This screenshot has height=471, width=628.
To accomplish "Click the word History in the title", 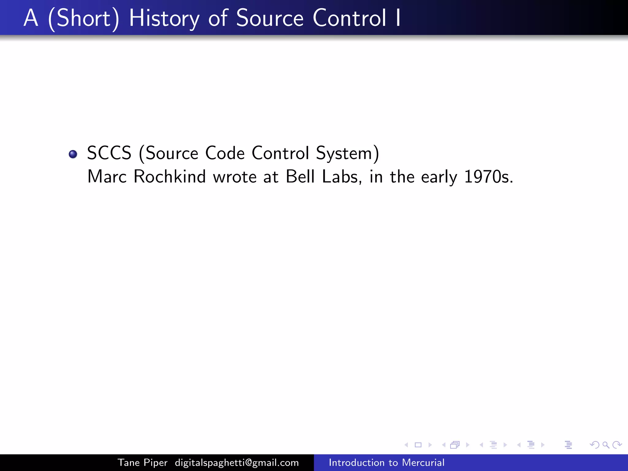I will coord(164,18).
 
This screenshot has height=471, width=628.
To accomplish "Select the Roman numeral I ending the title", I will coord(398,18).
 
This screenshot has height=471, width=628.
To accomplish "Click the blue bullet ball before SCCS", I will coord(73,154).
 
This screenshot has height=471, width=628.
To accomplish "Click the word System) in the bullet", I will coord(347,153).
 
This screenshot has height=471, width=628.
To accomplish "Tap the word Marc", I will coord(107,177).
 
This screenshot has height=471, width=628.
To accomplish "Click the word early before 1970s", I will coord(439,177).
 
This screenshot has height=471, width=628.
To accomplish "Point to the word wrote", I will coord(235,177).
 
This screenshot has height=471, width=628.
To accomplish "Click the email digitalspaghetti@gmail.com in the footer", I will coord(237,462).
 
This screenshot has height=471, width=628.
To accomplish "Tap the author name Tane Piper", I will coord(143,462).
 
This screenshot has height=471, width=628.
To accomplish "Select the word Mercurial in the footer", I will coord(423,462).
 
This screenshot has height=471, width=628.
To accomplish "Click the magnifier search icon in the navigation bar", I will coord(606,445).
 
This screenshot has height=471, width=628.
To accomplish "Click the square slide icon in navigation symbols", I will coord(418,445).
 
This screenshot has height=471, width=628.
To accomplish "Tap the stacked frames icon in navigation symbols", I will coord(455,445).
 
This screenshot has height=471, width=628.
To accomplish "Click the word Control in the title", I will coord(349,18).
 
